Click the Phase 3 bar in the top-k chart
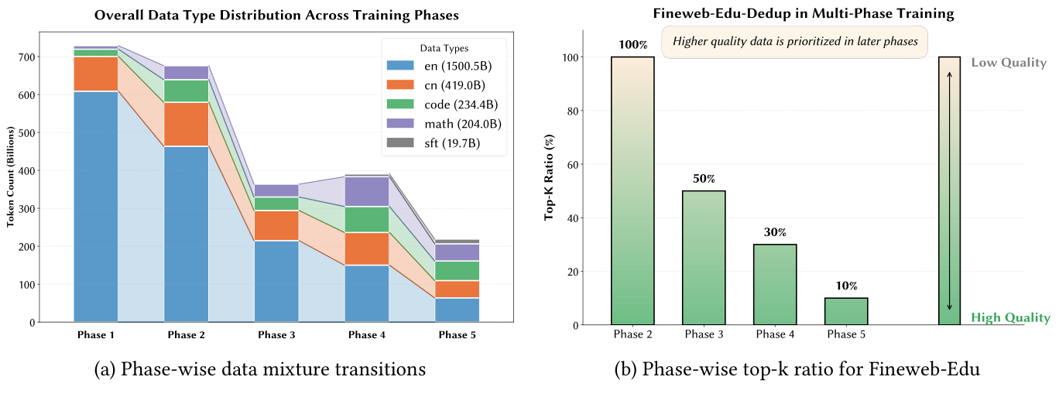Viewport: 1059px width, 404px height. pyautogui.click(x=704, y=258)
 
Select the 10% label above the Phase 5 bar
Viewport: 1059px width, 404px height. pyautogui.click(x=846, y=286)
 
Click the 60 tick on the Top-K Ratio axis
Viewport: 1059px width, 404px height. pyautogui.click(x=572, y=164)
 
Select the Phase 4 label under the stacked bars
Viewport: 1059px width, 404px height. pyautogui.click(x=367, y=335)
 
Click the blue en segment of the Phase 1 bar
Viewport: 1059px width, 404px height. pyautogui.click(x=96, y=206)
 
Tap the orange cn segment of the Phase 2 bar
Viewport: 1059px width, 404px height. pyautogui.click(x=186, y=124)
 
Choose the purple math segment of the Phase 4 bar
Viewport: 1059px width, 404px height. pyautogui.click(x=367, y=191)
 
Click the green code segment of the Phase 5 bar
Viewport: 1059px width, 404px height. pyautogui.click(x=457, y=270)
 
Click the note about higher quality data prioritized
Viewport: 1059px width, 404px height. pyautogui.click(x=793, y=41)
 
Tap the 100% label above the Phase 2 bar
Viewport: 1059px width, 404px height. pyautogui.click(x=632, y=45)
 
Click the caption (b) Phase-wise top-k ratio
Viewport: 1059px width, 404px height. pyautogui.click(x=797, y=370)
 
